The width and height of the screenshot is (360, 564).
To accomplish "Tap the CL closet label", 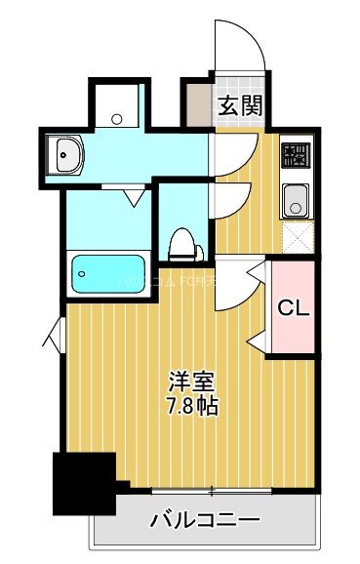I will (x=293, y=309).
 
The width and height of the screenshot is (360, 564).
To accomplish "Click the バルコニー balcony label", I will (x=205, y=520).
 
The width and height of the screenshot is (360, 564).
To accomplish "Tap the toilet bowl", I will (x=181, y=243).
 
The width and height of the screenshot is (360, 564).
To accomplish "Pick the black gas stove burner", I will (x=295, y=155).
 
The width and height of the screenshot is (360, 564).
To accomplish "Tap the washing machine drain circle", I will (x=117, y=118).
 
